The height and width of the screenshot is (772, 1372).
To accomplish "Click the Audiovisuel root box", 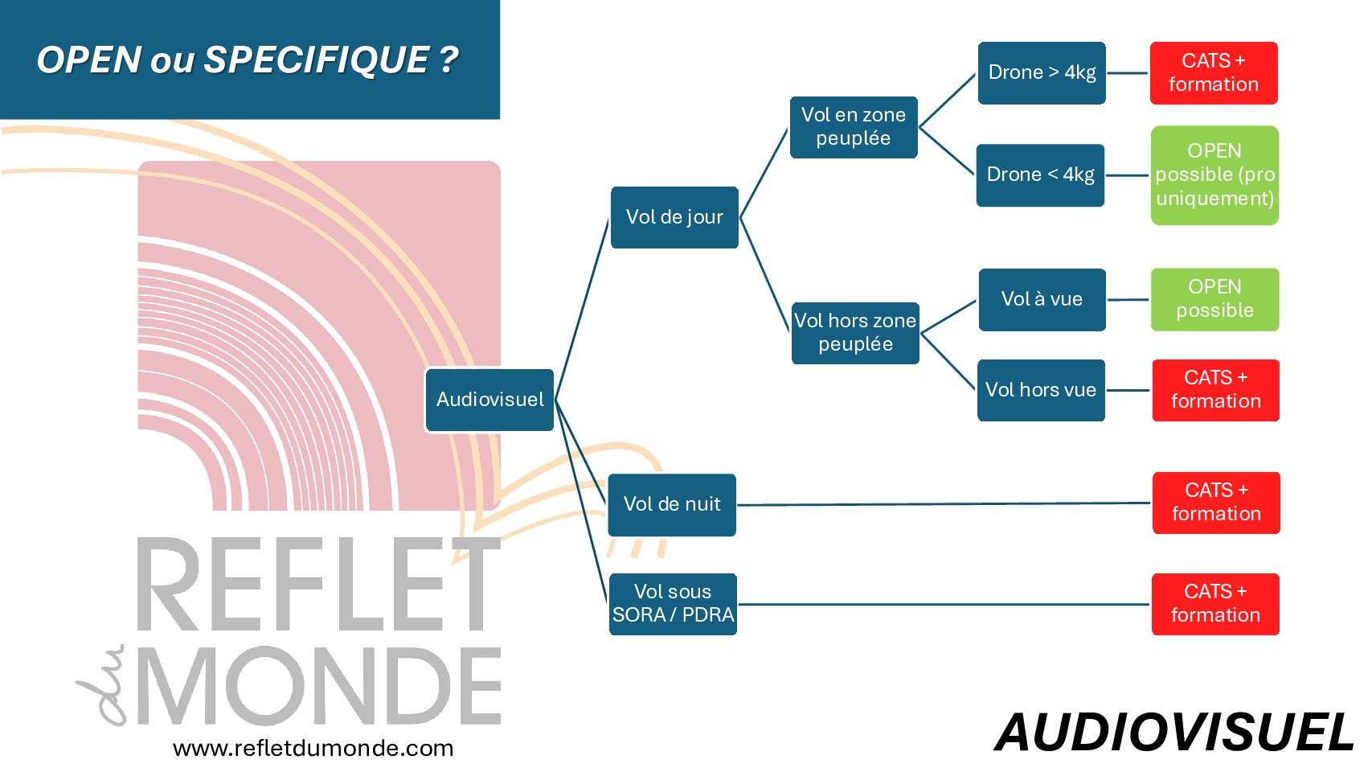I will point(489,400).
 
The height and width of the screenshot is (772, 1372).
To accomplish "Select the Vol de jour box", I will point(674,217).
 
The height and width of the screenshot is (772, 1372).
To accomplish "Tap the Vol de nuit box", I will point(672,504).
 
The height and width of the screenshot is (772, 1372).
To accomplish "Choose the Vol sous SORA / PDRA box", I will point(673,604).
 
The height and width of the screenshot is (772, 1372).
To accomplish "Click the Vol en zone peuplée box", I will point(854,127).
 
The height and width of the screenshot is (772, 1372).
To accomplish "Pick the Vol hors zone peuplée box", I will point(855,333).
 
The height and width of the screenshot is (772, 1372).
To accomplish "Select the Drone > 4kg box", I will point(1042,73).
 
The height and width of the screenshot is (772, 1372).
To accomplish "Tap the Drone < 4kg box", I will point(1040,175).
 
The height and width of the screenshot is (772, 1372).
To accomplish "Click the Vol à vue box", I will point(1042,299).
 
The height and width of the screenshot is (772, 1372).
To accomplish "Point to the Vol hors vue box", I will point(1041,390).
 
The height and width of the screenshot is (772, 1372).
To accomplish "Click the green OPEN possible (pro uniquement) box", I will point(1214,175).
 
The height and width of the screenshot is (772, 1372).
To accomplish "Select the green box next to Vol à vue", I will point(1214,299).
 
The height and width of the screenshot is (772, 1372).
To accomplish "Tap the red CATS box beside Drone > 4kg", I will point(1214,73).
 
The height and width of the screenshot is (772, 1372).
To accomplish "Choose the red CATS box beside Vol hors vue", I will point(1215,390).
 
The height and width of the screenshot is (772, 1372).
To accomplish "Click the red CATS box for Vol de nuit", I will point(1216,503).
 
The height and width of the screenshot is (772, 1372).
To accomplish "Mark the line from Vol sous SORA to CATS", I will point(944,604).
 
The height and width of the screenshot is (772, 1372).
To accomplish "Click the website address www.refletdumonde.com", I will point(313,749).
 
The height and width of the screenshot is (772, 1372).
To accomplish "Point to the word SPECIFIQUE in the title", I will point(317,60).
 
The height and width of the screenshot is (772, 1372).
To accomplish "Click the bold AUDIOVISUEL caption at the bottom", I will point(1174,733).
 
